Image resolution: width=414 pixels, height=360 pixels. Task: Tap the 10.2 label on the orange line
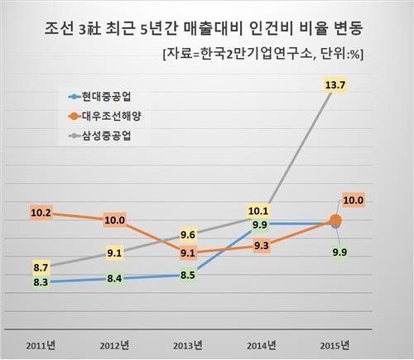point(41,213)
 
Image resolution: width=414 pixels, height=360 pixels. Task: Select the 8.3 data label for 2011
point(41,283)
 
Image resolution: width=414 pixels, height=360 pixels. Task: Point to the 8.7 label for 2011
point(41,267)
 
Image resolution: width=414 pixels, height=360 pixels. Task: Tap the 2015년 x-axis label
point(335,343)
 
